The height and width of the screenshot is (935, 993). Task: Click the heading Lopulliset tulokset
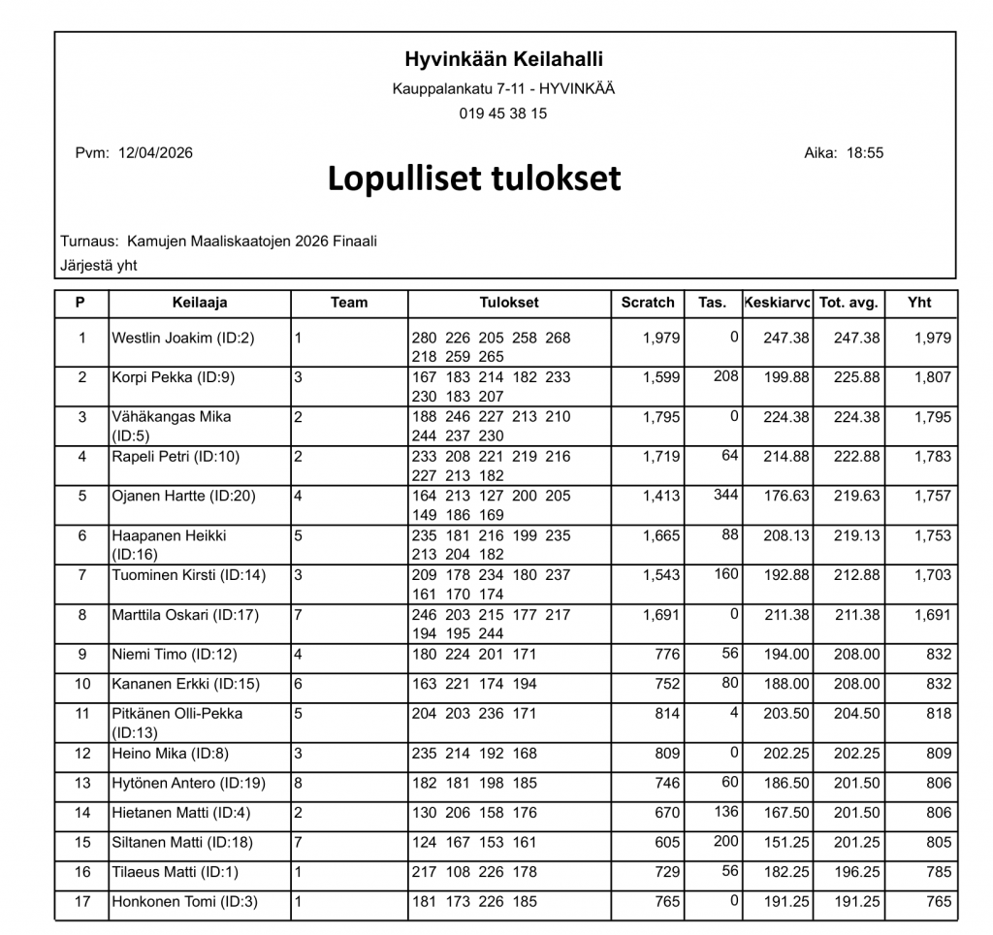pos(474,179)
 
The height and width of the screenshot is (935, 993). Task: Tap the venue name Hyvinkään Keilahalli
pos(503,60)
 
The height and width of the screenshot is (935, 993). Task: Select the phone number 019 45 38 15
pos(503,113)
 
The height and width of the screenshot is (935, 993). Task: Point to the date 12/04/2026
pos(155,152)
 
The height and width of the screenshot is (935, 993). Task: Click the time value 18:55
pos(865,152)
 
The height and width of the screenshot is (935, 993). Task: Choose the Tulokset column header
pos(509,303)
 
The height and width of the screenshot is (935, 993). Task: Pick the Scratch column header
pos(648,303)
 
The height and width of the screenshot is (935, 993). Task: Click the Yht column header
pos(919,303)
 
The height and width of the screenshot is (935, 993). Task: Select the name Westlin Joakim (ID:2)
pos(183,339)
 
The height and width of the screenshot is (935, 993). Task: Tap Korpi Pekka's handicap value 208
pos(725,376)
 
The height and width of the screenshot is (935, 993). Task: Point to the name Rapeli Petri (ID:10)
pos(176,457)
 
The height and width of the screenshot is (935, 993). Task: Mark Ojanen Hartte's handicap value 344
pos(725,496)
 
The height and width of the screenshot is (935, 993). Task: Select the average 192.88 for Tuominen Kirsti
pos(786,575)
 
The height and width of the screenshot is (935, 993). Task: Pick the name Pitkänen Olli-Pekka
pos(177,714)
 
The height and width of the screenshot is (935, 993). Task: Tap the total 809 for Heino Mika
pos(939,754)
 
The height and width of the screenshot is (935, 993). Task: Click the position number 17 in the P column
pos(81,902)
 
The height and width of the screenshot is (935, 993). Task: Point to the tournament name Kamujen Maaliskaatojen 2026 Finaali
pos(251,242)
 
